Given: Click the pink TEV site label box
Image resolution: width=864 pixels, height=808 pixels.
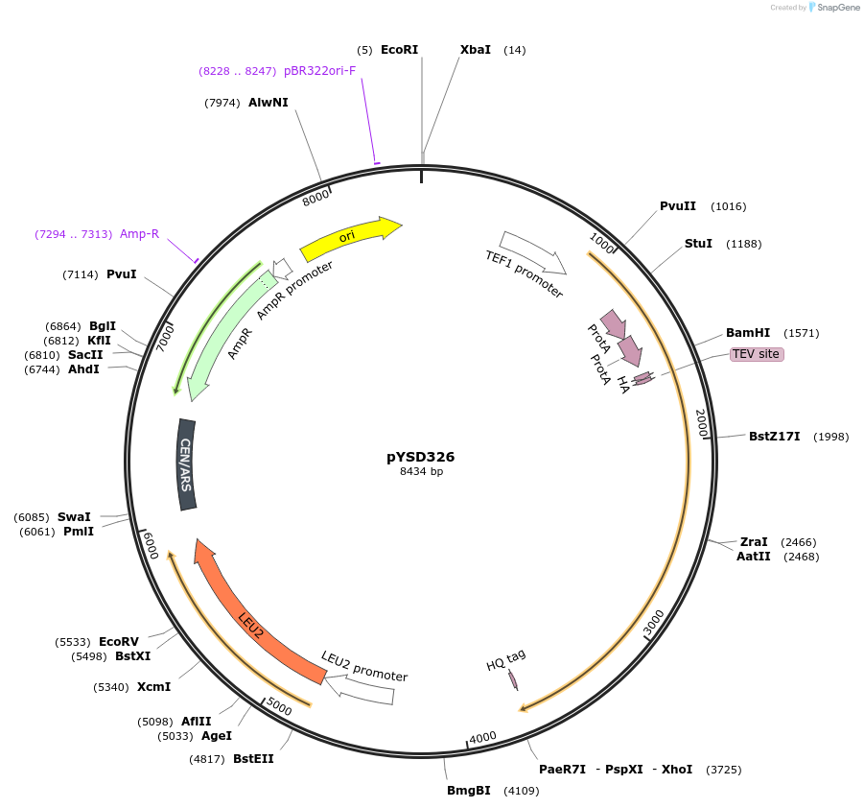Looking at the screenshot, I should (x=757, y=354).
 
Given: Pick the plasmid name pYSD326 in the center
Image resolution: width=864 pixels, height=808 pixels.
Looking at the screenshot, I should (x=421, y=457).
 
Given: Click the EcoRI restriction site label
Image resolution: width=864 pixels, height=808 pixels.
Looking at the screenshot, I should (x=399, y=50).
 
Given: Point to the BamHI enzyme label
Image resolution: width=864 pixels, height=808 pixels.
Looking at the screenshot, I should (x=748, y=333).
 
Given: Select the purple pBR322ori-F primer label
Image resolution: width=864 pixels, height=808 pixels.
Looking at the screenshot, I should (x=319, y=71).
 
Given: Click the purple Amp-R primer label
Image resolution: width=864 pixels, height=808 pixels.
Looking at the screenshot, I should (x=139, y=234).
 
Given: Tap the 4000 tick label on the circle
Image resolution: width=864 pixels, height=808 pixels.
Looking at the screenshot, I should (x=482, y=737).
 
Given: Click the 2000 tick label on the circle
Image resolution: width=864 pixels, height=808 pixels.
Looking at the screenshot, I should (x=702, y=422).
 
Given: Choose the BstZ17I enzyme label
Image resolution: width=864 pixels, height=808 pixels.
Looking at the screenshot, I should (x=774, y=437).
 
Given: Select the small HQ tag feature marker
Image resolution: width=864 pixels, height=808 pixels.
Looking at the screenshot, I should (x=513, y=679).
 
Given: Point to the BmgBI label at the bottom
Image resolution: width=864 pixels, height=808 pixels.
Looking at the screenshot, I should (x=469, y=791).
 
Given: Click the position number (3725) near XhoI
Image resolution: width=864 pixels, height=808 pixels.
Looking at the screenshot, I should (x=723, y=770).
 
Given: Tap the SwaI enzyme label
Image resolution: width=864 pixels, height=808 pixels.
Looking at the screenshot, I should (x=74, y=516).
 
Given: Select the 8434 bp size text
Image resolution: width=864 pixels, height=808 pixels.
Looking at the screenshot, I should (x=421, y=471).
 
